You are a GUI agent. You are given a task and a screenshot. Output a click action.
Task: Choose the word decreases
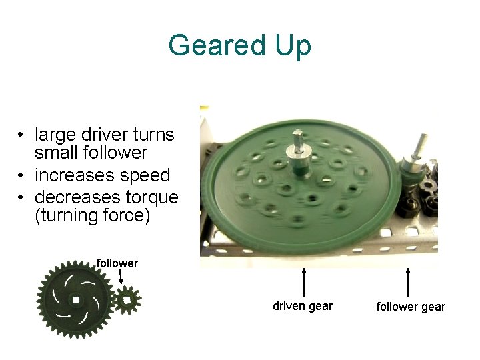73,197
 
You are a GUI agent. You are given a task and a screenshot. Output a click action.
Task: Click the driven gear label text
303,306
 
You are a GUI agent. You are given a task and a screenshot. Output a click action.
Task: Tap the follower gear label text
411,307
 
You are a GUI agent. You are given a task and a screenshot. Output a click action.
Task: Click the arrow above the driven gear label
304,281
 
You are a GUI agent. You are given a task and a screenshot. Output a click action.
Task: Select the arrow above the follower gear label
408,281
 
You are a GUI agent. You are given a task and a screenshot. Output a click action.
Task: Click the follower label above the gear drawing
117,263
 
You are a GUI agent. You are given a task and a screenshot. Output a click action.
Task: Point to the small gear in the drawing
126,300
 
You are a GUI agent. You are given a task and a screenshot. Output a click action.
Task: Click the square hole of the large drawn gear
76,301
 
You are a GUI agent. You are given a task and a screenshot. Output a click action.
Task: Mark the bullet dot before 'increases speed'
23,176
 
